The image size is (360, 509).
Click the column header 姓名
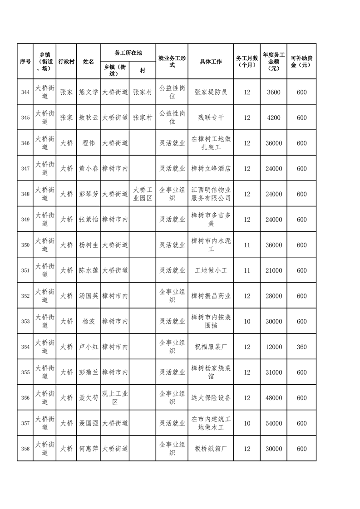tap(89, 62)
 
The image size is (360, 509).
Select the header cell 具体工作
tap(211, 62)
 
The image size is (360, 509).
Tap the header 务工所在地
tap(128, 53)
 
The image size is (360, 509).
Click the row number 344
tap(25, 92)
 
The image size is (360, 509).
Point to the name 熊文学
tap(89, 92)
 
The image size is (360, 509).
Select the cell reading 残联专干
tap(211, 117)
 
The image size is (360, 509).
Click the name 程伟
tap(89, 143)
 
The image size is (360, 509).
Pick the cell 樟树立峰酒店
tap(211, 168)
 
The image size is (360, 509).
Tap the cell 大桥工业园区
tap(142, 194)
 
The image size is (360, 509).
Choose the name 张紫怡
tap(89, 220)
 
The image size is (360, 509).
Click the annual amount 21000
tap(274, 270)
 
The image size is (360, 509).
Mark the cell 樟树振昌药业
tap(211, 296)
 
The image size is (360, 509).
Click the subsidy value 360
tap(301, 347)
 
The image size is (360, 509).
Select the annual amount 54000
tap(274, 423)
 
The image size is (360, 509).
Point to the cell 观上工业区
tap(115, 398)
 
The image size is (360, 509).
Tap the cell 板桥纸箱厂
tap(211, 449)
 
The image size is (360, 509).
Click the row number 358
tap(25, 449)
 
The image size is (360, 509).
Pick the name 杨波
tap(89, 321)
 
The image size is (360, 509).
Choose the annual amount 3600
tap(274, 92)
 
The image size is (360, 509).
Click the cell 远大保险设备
tap(211, 398)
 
